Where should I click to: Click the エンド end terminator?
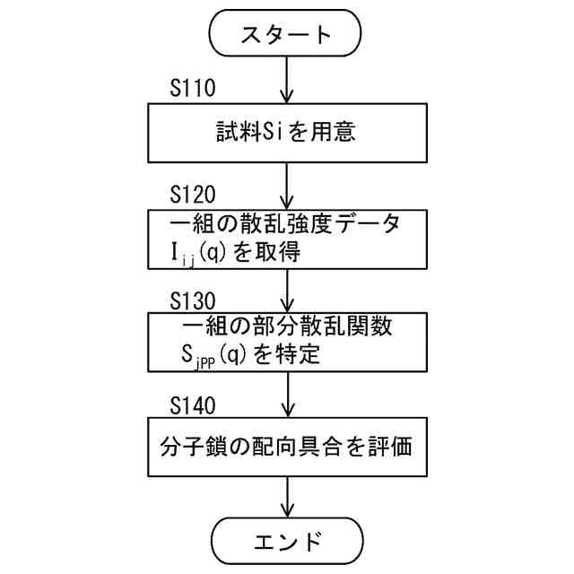284,541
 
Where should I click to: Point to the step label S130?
193,298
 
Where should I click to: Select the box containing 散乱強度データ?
284,237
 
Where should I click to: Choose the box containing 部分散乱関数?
284,342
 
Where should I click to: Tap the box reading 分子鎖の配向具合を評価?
284,447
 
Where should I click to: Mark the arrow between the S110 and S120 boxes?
285,187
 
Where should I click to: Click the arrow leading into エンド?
285,499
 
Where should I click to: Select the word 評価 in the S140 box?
391,447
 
